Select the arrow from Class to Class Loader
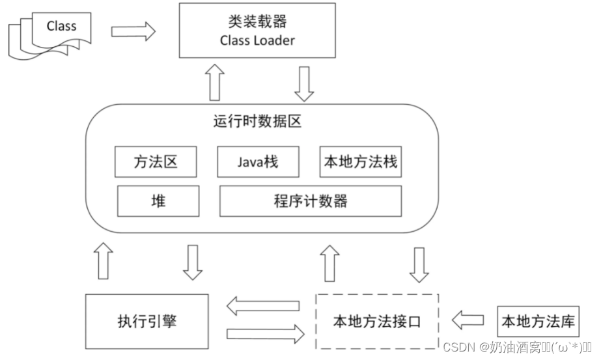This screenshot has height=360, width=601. click(x=133, y=31)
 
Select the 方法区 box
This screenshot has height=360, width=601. click(x=155, y=161)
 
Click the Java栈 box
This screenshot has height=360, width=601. click(x=257, y=161)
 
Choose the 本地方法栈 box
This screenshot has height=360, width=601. click(x=360, y=161)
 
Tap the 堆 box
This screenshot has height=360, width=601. click(x=158, y=201)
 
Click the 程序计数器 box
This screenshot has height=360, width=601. click(x=310, y=201)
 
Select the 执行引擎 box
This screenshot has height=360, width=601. click(x=147, y=322)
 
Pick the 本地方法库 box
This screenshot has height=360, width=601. click(x=538, y=321)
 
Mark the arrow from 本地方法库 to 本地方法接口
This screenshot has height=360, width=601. click(x=468, y=320)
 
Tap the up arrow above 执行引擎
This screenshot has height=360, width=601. click(x=104, y=262)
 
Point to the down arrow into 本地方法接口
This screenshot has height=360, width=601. click(x=419, y=264)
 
